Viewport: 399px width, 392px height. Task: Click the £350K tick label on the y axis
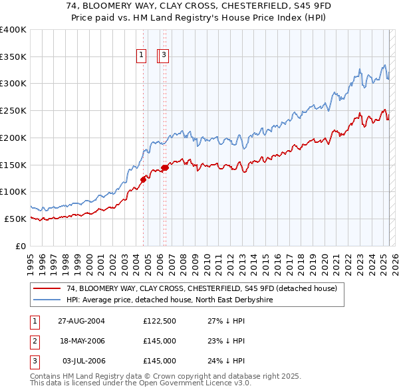(x=13, y=56)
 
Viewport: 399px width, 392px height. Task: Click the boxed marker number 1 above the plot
(x=142, y=56)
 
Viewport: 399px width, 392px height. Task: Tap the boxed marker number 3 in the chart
(x=164, y=56)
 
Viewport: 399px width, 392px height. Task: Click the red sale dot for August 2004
(x=143, y=178)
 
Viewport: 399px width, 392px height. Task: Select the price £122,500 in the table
(x=159, y=321)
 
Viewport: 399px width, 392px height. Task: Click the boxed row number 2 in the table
(x=33, y=341)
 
